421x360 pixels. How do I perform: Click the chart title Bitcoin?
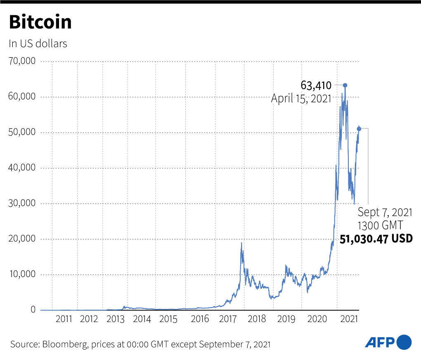point(40,22)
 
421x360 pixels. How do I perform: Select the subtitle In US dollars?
point(38,43)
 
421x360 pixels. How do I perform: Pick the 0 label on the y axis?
point(33,310)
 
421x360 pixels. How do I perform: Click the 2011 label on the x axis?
point(64,319)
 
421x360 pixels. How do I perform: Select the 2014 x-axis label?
point(142,319)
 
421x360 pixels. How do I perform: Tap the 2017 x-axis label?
point(228,319)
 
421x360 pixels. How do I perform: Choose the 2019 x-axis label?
point(286,319)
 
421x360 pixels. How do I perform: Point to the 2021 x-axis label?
point(350,319)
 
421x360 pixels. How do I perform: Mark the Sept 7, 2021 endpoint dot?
point(359,129)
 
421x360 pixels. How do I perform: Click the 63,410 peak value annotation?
point(316,86)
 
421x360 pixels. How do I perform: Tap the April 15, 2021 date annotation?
point(301,99)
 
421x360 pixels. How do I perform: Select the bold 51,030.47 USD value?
point(376,239)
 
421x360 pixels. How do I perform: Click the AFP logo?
point(388,342)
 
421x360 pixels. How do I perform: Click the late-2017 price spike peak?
point(241,243)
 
